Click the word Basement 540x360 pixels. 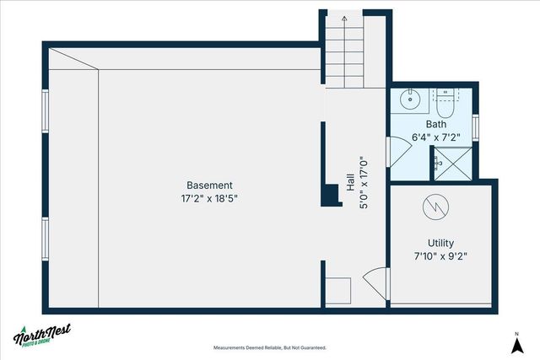(x=210, y=185)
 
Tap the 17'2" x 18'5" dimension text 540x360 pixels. (x=210, y=200)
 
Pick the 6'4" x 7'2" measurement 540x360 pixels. (x=435, y=137)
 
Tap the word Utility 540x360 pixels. (x=441, y=242)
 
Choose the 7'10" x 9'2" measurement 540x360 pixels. (x=441, y=255)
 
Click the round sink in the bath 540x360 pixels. (x=410, y=99)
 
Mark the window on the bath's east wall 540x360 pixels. (x=477, y=126)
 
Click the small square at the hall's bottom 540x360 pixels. (x=338, y=290)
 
